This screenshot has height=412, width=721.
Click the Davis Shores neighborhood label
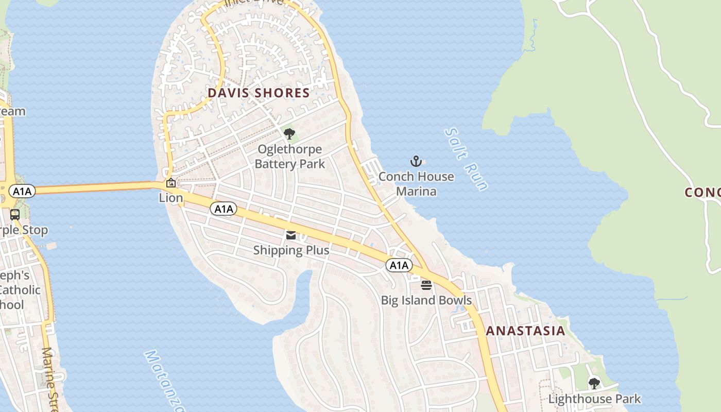coord(259,93)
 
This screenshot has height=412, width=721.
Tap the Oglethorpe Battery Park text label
coord(289,157)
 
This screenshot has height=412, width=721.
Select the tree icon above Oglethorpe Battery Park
coord(289,134)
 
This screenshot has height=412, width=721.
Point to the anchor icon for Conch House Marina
coord(416,161)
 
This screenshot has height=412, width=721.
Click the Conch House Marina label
coord(416,184)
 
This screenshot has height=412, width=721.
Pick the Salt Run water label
coord(466,159)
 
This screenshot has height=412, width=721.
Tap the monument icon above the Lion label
coord(170,183)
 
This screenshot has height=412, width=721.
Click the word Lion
coord(171,198)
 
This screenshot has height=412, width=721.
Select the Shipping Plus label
coord(291,250)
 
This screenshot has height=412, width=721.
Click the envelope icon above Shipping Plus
coord(291,235)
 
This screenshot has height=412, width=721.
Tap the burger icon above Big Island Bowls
coord(426,285)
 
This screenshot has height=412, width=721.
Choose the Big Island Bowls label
coord(426,300)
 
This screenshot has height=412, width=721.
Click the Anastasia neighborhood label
coord(525,331)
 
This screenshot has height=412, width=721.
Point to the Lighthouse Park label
coord(594,399)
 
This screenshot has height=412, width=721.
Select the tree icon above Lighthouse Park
coord(594,383)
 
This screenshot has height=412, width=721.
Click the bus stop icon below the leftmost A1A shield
coord(15,214)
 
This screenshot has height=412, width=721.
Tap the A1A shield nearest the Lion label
coord(224,209)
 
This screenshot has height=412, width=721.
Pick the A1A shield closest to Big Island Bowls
coord(399,265)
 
